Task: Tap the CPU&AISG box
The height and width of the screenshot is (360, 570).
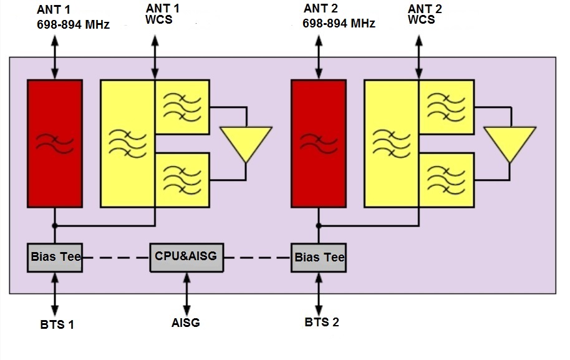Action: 186,257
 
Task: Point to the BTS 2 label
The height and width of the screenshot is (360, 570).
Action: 322,323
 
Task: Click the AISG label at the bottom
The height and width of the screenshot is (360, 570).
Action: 186,323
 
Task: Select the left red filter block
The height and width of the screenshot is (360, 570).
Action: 55,143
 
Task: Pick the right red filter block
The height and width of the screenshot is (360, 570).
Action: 319,143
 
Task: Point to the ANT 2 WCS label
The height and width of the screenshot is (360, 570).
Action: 425,14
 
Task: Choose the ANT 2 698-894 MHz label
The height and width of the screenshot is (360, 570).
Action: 338,17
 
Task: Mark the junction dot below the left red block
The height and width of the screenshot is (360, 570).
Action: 55,225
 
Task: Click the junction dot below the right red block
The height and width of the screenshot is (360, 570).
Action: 319,225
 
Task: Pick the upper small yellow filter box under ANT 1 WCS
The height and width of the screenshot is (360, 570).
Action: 182,107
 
